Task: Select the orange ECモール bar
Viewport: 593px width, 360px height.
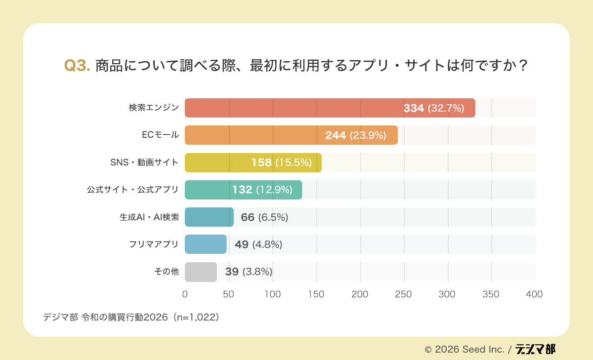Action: [x=257, y=135]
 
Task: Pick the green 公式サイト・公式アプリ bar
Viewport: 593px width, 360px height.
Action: [x=208, y=190]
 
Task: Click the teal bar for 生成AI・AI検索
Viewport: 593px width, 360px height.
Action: [x=209, y=217]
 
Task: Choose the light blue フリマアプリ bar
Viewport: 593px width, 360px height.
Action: [x=205, y=244]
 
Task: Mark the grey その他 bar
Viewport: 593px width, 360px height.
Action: [x=201, y=272]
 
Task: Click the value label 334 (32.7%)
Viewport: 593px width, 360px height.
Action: [x=433, y=108]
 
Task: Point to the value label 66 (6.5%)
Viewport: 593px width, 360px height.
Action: [x=264, y=217]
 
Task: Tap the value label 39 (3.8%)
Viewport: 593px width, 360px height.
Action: [x=249, y=272]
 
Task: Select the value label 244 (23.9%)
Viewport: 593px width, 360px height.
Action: [x=355, y=135]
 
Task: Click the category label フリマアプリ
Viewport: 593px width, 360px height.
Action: [x=154, y=244]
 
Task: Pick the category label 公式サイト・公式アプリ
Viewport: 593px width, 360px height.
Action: [x=133, y=190]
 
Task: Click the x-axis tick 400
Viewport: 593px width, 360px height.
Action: [x=534, y=294]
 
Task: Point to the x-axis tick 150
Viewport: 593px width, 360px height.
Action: [x=316, y=294]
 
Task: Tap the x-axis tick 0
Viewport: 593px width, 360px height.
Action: [x=185, y=294]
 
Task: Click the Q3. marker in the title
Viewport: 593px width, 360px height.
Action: [x=77, y=66]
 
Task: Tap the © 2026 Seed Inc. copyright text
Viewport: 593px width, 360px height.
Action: [x=464, y=349]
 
